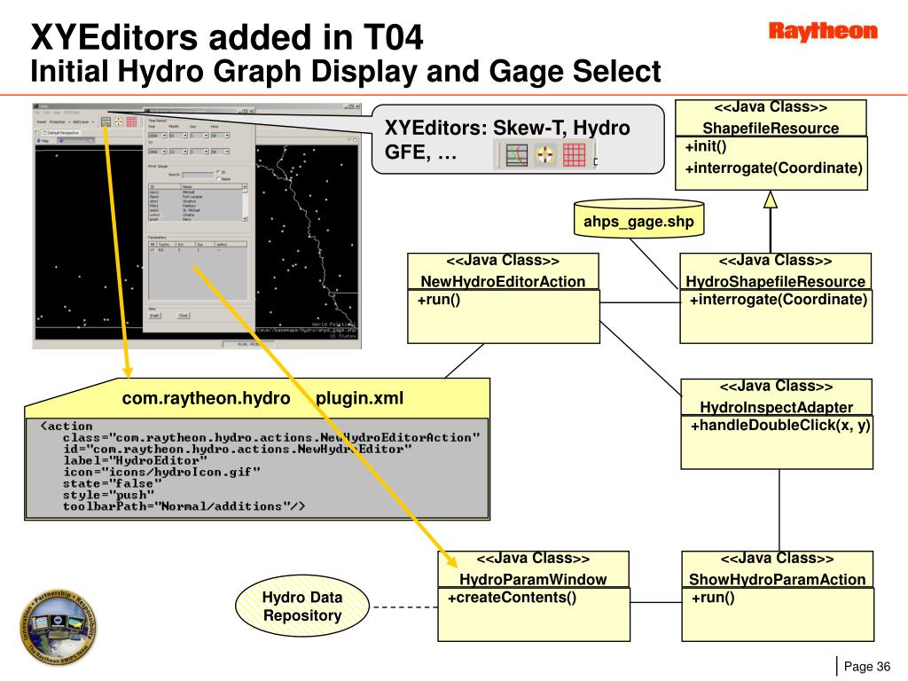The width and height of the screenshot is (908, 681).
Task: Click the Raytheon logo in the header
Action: (822, 32)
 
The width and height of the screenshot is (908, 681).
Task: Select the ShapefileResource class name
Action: (771, 128)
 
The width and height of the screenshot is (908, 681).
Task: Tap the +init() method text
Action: (706, 146)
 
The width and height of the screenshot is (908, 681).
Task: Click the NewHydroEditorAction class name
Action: (503, 282)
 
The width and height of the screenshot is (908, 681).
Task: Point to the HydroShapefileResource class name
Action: (775, 282)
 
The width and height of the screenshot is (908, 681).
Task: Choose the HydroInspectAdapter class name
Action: (776, 408)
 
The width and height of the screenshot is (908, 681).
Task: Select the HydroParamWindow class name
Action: (533, 580)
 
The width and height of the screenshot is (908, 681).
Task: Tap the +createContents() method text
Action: (512, 598)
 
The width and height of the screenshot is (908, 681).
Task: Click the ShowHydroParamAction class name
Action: (777, 580)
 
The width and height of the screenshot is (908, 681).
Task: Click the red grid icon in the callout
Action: (574, 155)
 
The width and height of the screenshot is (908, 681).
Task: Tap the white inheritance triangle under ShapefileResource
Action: (771, 200)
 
